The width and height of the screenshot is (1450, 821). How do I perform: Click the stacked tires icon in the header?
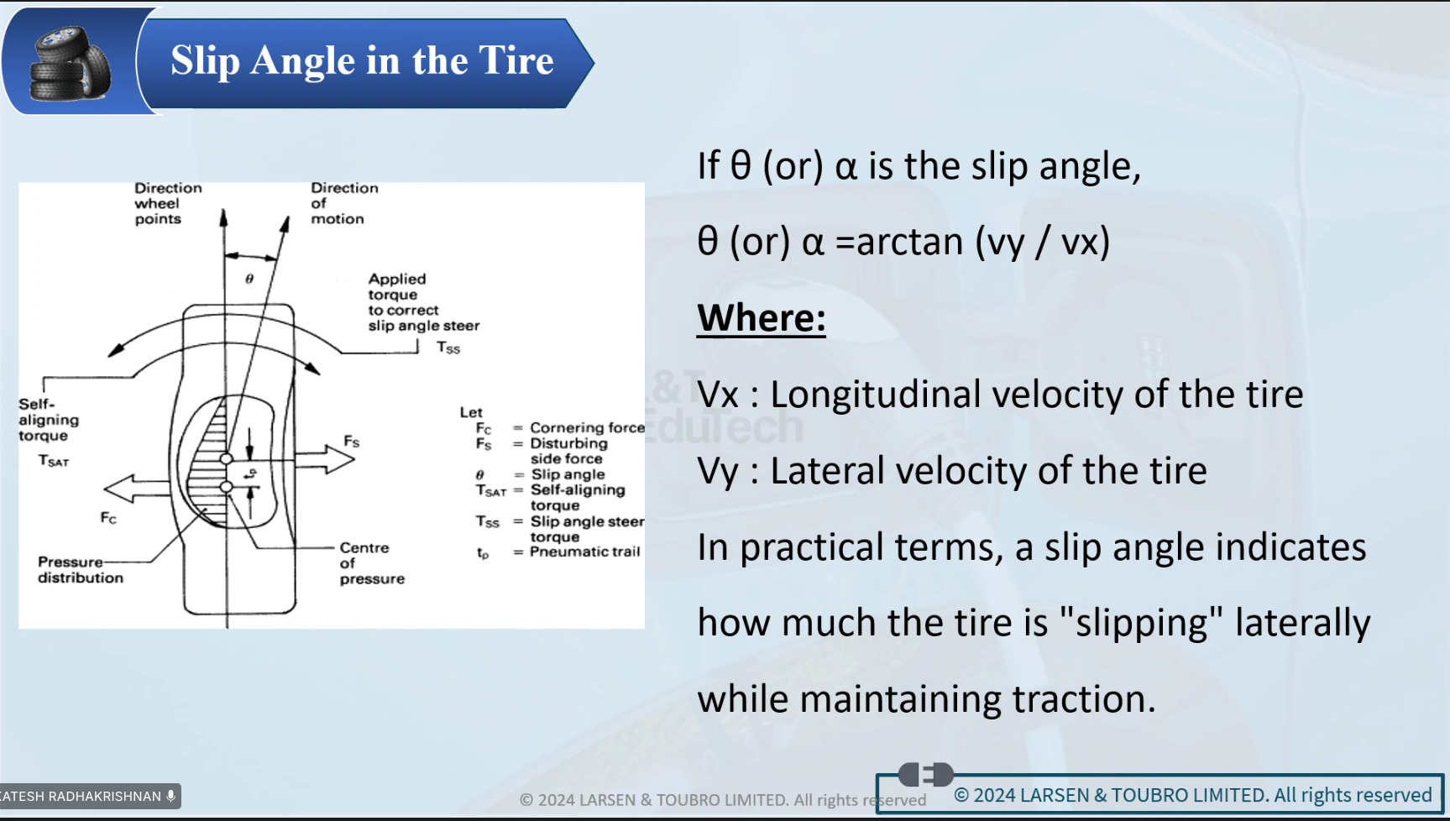click(x=71, y=63)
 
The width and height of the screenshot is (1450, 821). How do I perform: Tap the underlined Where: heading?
click(x=762, y=318)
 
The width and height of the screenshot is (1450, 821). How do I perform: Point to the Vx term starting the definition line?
click(x=718, y=395)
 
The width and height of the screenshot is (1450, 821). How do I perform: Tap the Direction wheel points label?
click(x=168, y=203)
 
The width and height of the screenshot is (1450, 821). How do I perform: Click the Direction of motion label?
click(x=344, y=203)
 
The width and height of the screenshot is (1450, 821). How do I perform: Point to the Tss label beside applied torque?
click(x=448, y=348)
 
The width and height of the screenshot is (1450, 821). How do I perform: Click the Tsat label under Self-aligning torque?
click(x=54, y=461)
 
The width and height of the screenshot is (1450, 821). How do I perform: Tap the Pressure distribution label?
click(x=81, y=570)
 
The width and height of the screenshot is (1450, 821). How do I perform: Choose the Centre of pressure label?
click(x=372, y=563)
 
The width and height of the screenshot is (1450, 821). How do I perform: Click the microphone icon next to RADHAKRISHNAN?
click(x=170, y=796)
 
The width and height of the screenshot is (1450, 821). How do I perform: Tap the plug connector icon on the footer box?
click(x=925, y=774)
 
